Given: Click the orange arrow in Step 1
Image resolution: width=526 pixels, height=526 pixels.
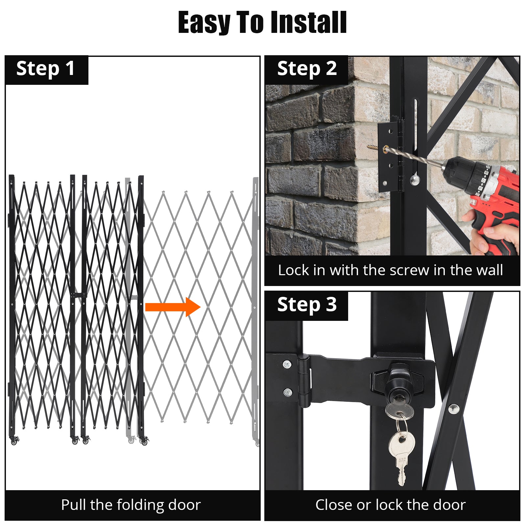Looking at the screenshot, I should [x=173, y=307].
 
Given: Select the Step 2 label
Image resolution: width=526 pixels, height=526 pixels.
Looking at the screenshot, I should [x=306, y=69].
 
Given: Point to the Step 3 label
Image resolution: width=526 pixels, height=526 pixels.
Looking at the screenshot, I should [x=306, y=305].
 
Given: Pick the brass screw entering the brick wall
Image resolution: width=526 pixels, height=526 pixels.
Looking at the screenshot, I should [x=373, y=147].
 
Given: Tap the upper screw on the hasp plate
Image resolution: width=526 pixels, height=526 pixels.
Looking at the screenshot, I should [x=287, y=364].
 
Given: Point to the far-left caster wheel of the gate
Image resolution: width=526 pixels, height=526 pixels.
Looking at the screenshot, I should [x=13, y=442].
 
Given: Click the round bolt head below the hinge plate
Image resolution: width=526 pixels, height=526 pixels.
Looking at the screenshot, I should [x=415, y=179].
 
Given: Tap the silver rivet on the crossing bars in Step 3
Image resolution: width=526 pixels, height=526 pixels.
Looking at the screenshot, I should [x=454, y=409].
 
